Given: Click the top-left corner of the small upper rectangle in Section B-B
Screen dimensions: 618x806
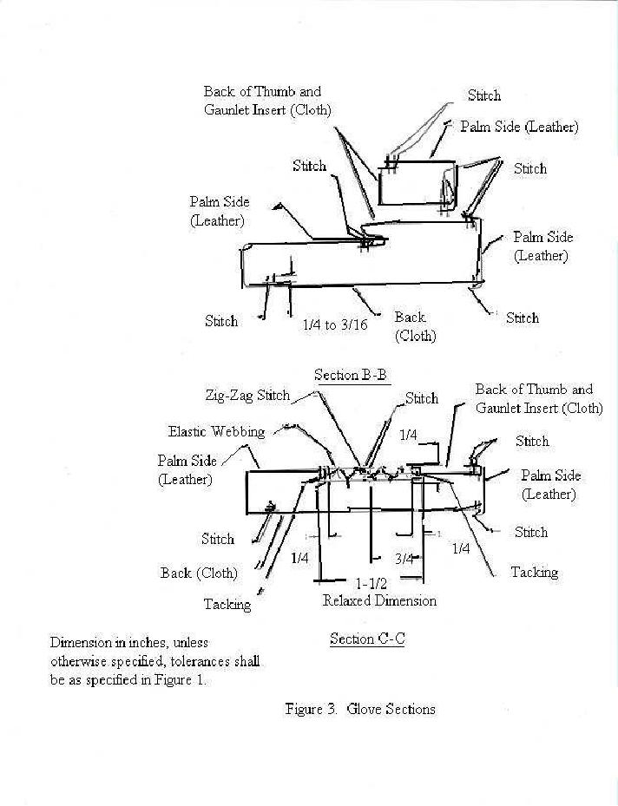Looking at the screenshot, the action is pyautogui.click(x=379, y=169).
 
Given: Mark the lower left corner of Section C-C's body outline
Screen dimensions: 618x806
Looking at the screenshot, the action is pyautogui.click(x=247, y=513).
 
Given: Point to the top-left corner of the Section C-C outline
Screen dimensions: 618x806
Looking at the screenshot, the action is pyautogui.click(x=247, y=471).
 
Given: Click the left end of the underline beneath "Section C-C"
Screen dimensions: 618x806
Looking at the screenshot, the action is pyautogui.click(x=330, y=646).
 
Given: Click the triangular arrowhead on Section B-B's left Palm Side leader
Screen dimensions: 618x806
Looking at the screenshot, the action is pyautogui.click(x=278, y=206).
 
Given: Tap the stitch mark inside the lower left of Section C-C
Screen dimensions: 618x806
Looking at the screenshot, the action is pyautogui.click(x=269, y=508).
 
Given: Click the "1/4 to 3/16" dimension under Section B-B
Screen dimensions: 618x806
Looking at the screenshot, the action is pyautogui.click(x=335, y=324).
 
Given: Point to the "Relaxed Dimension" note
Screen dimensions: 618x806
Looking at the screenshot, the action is pyautogui.click(x=379, y=600).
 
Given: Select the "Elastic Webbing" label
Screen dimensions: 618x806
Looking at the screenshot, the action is pyautogui.click(x=216, y=431).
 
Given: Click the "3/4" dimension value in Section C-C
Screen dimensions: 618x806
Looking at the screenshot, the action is pyautogui.click(x=404, y=558).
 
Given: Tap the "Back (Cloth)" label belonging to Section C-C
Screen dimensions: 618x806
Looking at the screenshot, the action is pyautogui.click(x=199, y=573).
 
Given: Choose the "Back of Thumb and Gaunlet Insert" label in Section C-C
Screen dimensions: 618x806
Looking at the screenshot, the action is pyautogui.click(x=539, y=398).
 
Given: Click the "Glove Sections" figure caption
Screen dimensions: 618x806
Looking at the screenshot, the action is pyautogui.click(x=391, y=710).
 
